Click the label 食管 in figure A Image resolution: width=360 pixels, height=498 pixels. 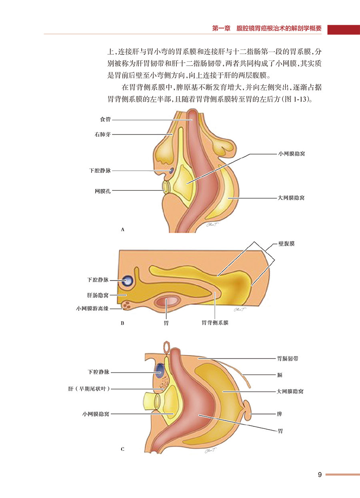(x=105, y=119)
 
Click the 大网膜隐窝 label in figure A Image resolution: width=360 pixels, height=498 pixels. (x=291, y=198)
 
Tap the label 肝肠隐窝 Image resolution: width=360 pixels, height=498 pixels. (x=98, y=295)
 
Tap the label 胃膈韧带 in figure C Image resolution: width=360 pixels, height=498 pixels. (x=288, y=359)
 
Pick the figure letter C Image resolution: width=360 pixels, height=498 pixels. (x=123, y=449)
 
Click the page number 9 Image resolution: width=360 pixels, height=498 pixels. (x=320, y=475)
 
